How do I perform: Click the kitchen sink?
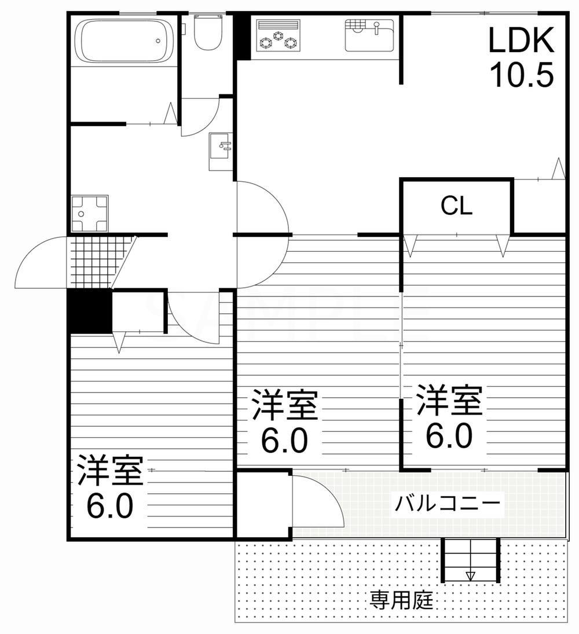[369, 35]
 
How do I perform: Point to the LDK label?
[522, 41]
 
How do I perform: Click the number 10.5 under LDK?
[522, 74]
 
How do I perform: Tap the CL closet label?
[457, 206]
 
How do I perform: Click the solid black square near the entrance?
[89, 311]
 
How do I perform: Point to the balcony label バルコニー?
[447, 503]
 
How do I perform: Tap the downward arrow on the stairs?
[470, 575]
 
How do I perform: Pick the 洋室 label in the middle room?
[284, 406]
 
